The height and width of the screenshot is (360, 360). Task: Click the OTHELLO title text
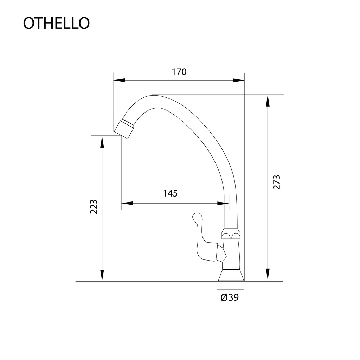[x=56, y=23]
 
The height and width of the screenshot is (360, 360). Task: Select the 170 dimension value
[x=179, y=72]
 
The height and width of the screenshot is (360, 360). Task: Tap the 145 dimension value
[x=171, y=193]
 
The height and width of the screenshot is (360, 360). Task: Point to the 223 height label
[x=94, y=207]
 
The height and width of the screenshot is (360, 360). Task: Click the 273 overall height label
[x=277, y=182]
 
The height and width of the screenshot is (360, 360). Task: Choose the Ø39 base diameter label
[x=230, y=297]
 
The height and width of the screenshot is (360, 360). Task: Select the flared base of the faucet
[x=231, y=275]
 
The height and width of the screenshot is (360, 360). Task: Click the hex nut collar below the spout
[x=231, y=234]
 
